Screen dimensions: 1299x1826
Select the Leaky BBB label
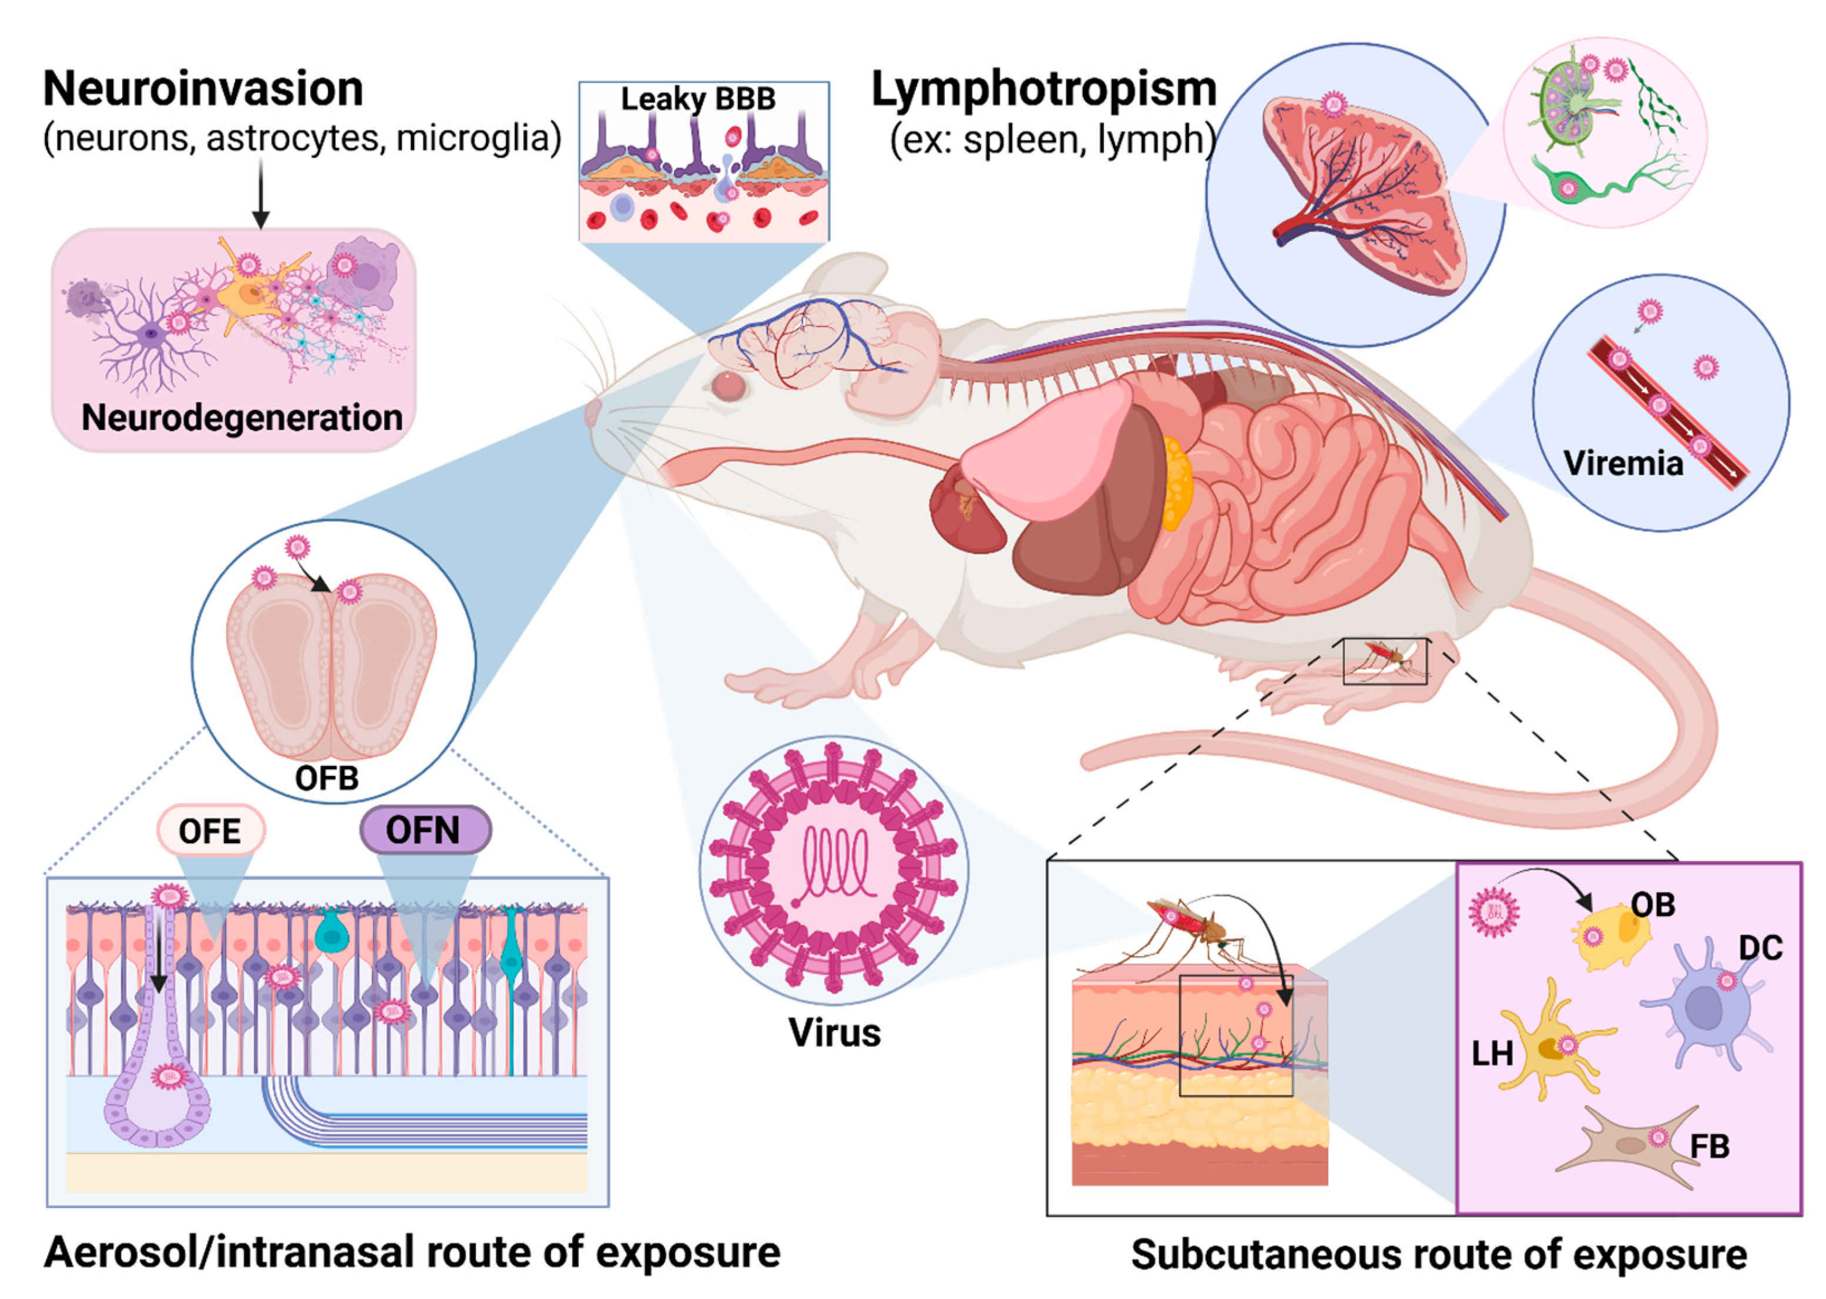point(698,99)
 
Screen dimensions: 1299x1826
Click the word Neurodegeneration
point(241,418)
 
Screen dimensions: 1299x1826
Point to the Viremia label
point(1623,463)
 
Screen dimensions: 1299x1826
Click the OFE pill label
point(210,831)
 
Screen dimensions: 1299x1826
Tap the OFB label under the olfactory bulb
point(327,778)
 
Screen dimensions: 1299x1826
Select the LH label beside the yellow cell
point(1492,1054)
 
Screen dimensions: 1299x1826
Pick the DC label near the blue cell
point(1760,948)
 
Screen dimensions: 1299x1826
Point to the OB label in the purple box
point(1652,904)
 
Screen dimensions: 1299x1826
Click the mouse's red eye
point(728,386)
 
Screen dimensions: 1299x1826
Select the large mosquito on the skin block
point(1184,928)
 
